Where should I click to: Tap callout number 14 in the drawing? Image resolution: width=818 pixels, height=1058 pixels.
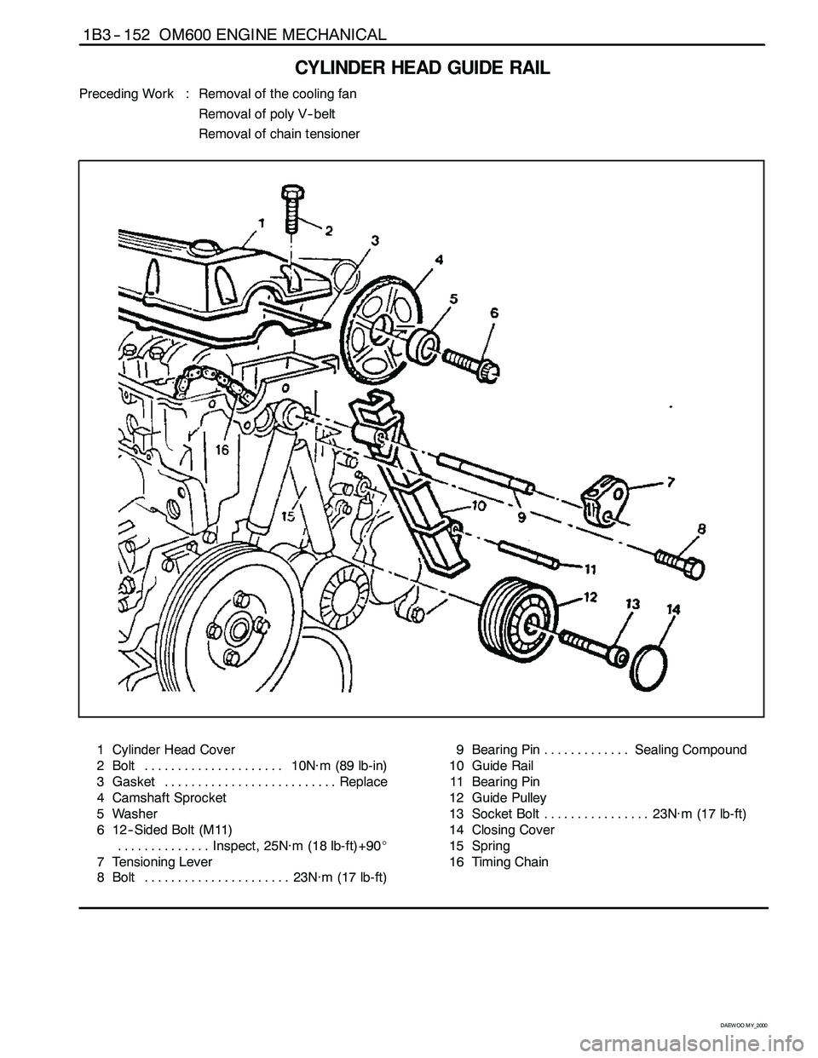click(674, 610)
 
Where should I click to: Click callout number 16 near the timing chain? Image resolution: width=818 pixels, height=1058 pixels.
click(222, 451)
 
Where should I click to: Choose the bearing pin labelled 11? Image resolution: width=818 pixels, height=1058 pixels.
click(527, 554)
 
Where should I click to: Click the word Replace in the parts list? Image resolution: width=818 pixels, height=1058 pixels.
click(363, 782)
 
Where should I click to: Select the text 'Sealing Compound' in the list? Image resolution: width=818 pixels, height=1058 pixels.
click(690, 750)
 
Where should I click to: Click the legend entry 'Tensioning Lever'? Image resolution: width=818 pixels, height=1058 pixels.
click(160, 862)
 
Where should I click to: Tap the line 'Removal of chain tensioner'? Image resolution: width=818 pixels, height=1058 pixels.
click(279, 134)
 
